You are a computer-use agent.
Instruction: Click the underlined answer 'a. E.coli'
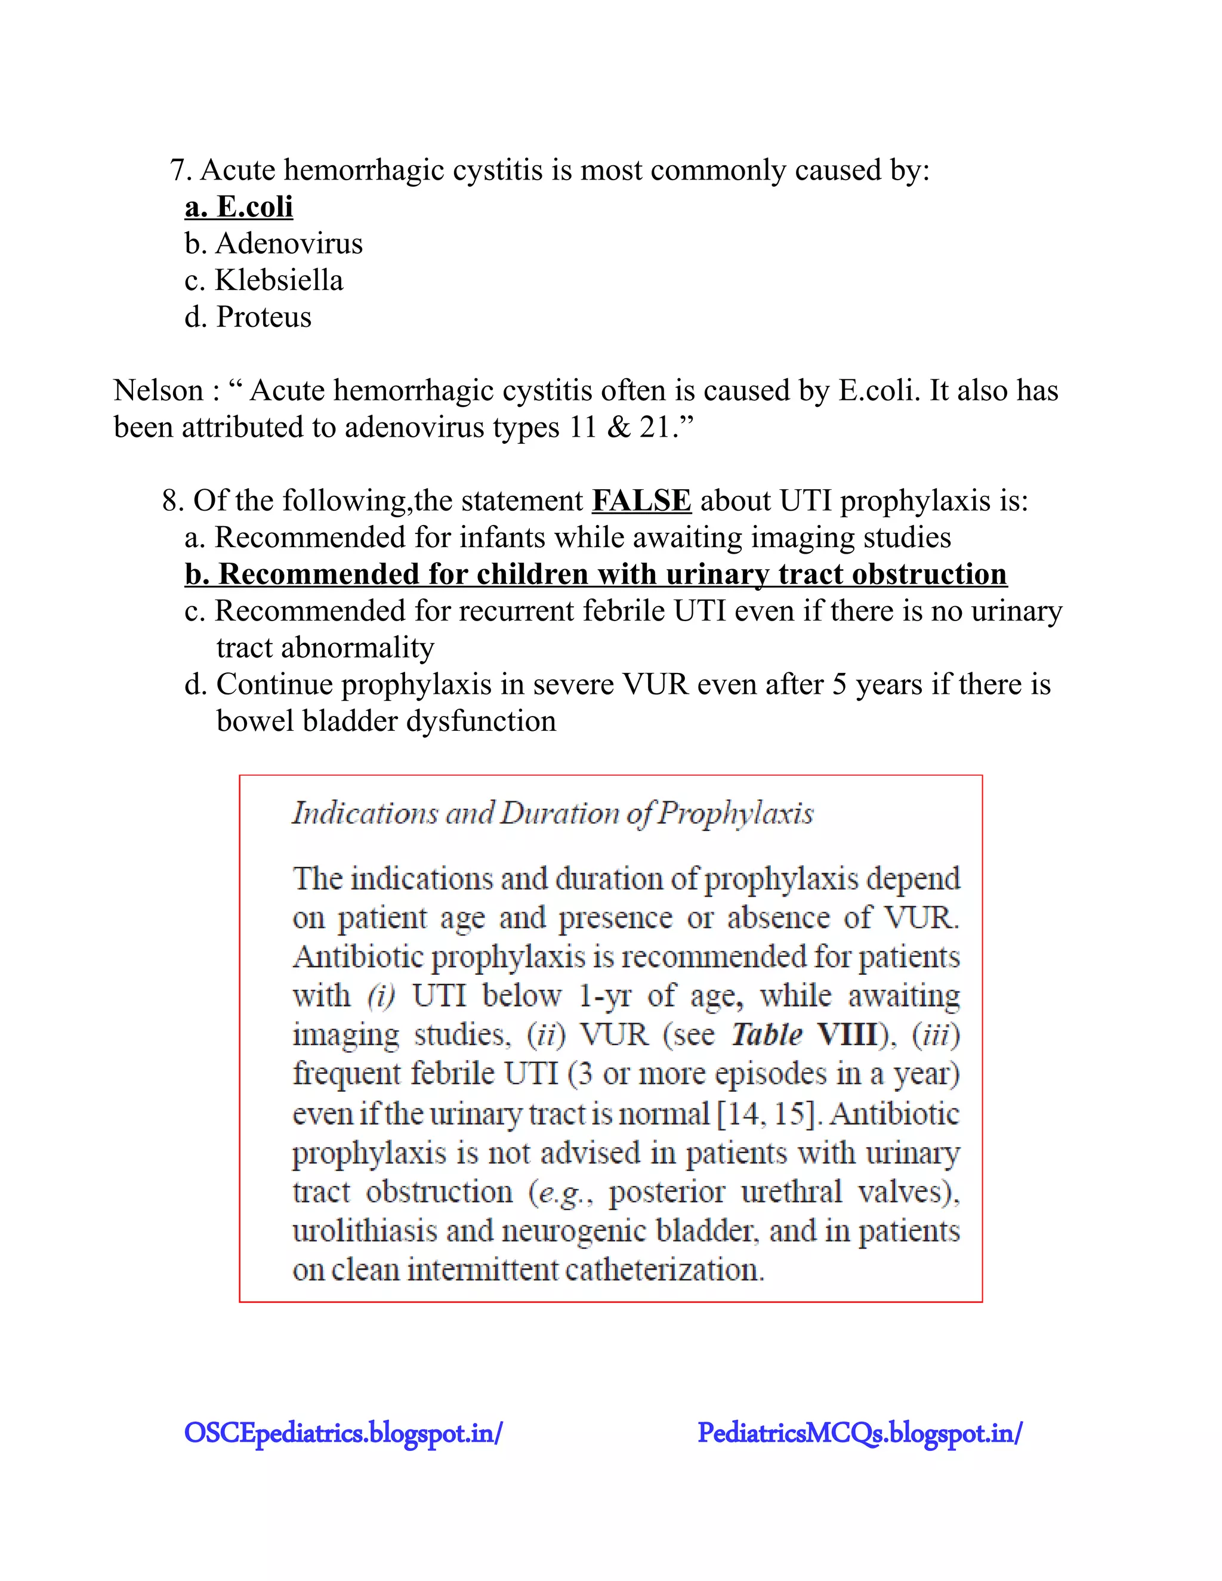coord(239,207)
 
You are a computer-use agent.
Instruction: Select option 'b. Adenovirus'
coord(274,244)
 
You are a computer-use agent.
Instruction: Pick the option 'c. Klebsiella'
coord(264,281)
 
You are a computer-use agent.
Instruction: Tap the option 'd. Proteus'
coord(248,317)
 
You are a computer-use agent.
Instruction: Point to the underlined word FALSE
coord(641,501)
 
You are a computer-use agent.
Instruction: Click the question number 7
coord(180,171)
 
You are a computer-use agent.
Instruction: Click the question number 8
coord(172,501)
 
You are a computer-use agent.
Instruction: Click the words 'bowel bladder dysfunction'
coord(386,722)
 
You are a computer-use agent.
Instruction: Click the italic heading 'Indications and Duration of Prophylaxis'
coord(553,813)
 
